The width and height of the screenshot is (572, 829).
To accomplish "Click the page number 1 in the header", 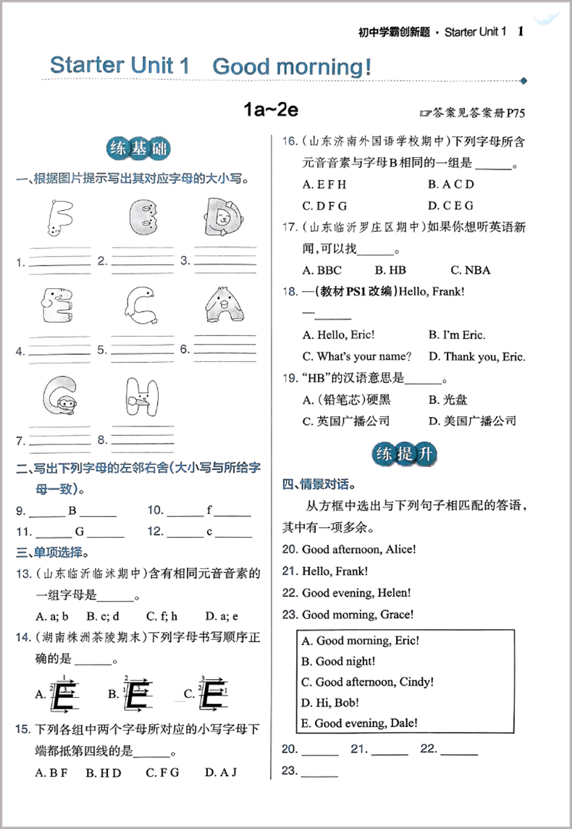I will coord(521,31).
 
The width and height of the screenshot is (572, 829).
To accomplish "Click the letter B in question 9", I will coord(72,510).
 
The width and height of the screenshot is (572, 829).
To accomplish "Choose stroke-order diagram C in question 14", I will coord(207,694).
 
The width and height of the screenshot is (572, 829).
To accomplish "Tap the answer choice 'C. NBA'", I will coord(470,270).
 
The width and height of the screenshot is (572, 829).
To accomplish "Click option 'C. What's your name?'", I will coord(357,356).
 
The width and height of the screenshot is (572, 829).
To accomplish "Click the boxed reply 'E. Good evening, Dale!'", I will coord(359,723).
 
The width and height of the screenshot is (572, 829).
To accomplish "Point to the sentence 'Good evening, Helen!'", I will coord(356,593).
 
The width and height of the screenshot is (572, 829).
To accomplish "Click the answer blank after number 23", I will coord(320,771).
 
